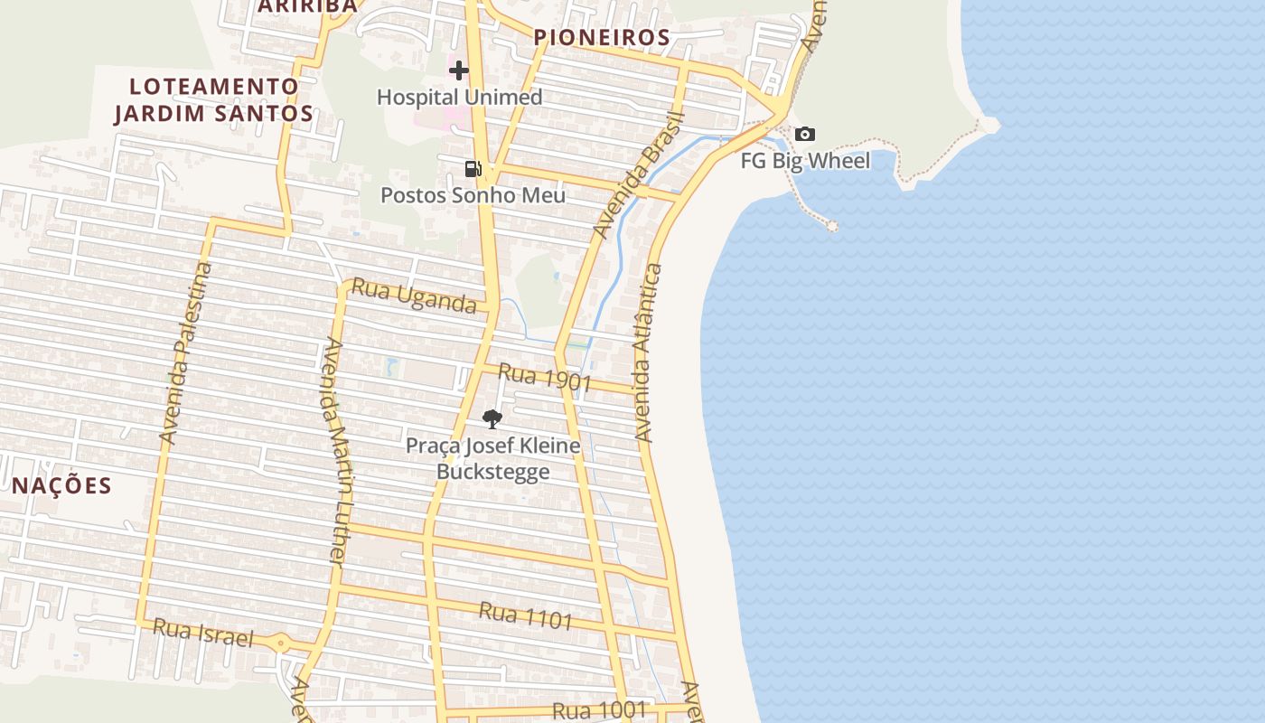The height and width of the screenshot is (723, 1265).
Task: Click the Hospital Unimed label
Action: (x=459, y=97)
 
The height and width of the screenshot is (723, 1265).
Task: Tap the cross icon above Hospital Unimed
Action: (x=459, y=70)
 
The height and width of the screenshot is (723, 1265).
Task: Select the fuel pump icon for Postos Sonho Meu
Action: (x=473, y=168)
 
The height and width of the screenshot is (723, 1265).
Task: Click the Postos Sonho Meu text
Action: (x=473, y=195)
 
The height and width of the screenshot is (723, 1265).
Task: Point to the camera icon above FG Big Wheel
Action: (x=804, y=135)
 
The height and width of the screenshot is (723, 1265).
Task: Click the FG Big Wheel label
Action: (x=805, y=161)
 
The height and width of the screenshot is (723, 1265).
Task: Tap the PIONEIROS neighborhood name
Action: (x=602, y=37)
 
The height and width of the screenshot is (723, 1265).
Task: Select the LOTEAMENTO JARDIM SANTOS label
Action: (x=213, y=99)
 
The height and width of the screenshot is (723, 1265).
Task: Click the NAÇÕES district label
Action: (x=61, y=485)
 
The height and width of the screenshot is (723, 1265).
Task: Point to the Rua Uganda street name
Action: (x=414, y=296)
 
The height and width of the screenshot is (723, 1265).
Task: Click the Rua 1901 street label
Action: (x=545, y=378)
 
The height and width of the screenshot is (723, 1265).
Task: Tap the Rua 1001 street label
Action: (x=600, y=710)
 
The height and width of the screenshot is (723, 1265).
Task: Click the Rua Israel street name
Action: (x=203, y=633)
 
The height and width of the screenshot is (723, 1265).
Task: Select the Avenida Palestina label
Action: (x=185, y=352)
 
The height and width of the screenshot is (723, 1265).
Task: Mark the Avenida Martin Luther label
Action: (x=335, y=452)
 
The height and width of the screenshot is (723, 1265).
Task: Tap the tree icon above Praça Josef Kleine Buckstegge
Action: (x=492, y=418)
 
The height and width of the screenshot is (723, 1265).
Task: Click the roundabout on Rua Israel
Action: (x=281, y=644)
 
